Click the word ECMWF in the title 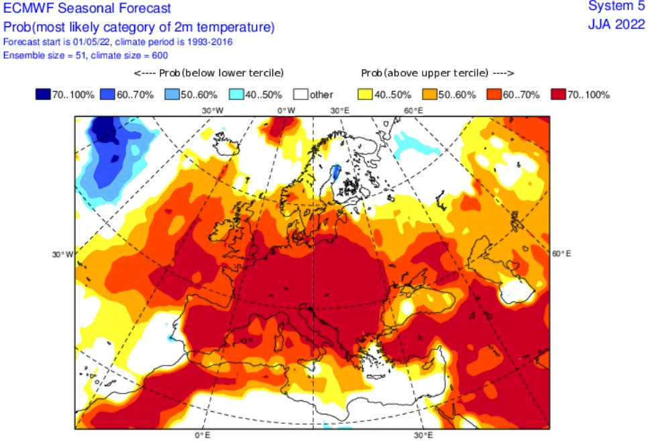(29, 8)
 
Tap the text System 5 (616, 6)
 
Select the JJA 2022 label (616, 24)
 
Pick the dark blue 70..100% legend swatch (43, 94)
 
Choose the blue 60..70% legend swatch (107, 94)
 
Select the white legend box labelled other (301, 94)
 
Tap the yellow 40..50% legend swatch (366, 94)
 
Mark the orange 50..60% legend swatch (430, 94)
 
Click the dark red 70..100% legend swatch (559, 94)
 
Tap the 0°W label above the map (286, 110)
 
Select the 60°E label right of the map (561, 254)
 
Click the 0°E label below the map (203, 435)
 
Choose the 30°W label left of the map (62, 254)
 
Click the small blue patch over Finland (336, 172)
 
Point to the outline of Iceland (225, 143)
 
